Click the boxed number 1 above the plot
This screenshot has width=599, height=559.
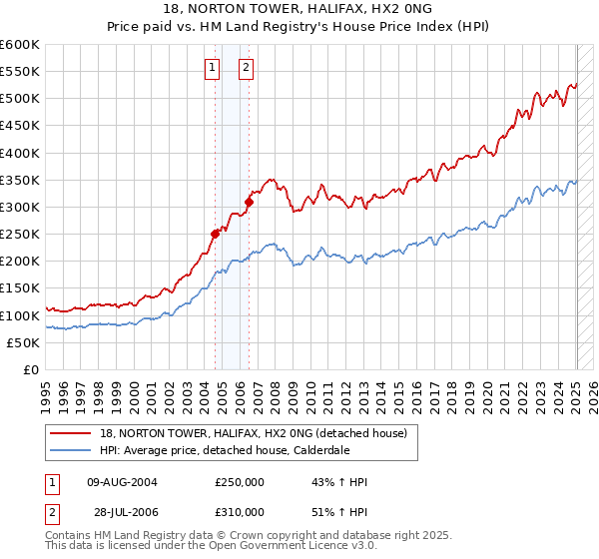(214, 68)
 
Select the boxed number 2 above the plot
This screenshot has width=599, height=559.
(246, 68)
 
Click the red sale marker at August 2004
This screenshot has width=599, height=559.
(215, 234)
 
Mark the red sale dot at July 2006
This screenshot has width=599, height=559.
(249, 202)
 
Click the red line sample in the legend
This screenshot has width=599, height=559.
(71, 433)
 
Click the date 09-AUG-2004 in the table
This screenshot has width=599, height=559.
(123, 482)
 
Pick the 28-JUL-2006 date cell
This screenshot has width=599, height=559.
(122, 511)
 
